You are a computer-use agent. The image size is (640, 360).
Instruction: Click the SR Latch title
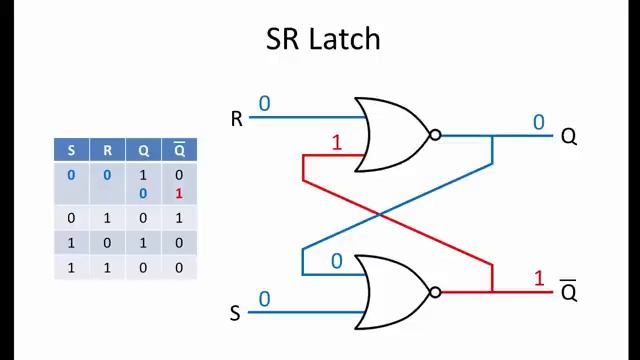pyautogui.click(x=322, y=39)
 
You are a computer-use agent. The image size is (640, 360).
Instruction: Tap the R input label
pyautogui.click(x=237, y=120)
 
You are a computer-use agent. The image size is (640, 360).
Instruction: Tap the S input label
pyautogui.click(x=236, y=314)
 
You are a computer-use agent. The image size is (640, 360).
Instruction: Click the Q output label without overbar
pyautogui.click(x=568, y=136)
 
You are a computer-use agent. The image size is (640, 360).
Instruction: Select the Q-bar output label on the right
pyautogui.click(x=568, y=291)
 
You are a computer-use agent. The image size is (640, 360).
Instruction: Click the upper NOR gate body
pyautogui.click(x=393, y=135)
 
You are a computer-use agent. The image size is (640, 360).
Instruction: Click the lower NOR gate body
pyautogui.click(x=393, y=292)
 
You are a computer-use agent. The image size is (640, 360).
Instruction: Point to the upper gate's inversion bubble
pyautogui.click(x=435, y=135)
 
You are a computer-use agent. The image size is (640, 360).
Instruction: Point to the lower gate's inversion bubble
pyautogui.click(x=435, y=292)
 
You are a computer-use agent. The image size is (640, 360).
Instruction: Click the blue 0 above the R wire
pyautogui.click(x=264, y=103)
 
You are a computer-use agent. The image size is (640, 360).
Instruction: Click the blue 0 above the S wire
pyautogui.click(x=264, y=299)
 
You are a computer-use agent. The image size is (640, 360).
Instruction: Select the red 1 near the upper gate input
pyautogui.click(x=336, y=143)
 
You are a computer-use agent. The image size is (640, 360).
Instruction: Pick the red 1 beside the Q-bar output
pyautogui.click(x=539, y=278)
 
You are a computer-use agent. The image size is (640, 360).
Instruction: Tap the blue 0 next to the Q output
pyautogui.click(x=539, y=122)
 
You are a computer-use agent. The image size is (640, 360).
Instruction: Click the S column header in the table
pyautogui.click(x=71, y=151)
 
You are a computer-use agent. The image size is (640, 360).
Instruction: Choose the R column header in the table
pyautogui.click(x=107, y=151)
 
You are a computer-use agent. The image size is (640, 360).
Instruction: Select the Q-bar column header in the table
pyautogui.click(x=179, y=151)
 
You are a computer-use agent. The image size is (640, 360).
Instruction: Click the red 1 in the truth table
pyautogui.click(x=179, y=193)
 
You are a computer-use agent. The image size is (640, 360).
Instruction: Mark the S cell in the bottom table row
pyautogui.click(x=71, y=267)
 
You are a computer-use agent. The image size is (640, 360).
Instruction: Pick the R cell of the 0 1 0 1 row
pyautogui.click(x=107, y=218)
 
